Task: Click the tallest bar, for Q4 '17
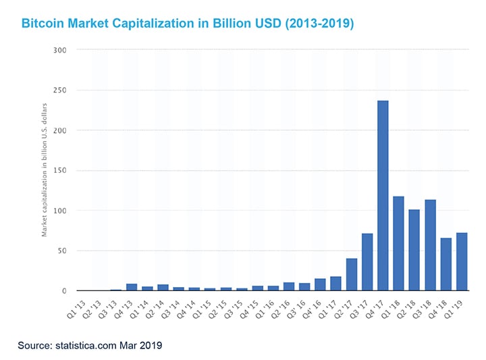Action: tap(383, 196)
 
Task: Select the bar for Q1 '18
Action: tap(398, 243)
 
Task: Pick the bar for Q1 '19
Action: tap(462, 262)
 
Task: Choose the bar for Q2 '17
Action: tap(352, 274)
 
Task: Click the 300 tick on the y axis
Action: tap(60, 49)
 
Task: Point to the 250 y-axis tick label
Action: tap(60, 90)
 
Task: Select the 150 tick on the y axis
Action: tap(60, 170)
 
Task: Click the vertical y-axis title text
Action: tap(45, 169)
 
